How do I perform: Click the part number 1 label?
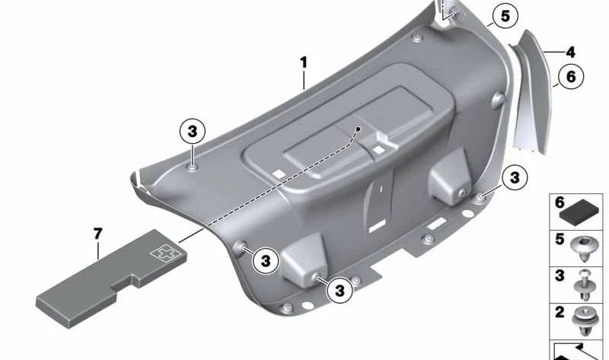point(303,62)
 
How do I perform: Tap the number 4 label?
point(570,53)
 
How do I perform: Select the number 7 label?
point(98,234)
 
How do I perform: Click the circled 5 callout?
point(505,16)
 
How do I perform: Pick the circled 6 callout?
point(571,77)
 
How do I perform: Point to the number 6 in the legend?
point(560,202)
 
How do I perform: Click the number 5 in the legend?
point(560,239)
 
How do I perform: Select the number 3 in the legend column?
point(560,276)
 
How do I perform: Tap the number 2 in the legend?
point(560,312)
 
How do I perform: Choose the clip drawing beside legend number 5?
point(583,249)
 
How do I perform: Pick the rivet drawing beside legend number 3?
point(584,286)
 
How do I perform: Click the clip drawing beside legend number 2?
point(584,320)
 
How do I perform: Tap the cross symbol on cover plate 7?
point(163,253)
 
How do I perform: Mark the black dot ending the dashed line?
point(358,129)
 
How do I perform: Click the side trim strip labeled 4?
point(533,90)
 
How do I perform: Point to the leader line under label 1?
point(304,80)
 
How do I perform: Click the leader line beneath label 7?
point(98,250)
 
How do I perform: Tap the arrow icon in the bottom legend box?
point(577,352)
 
